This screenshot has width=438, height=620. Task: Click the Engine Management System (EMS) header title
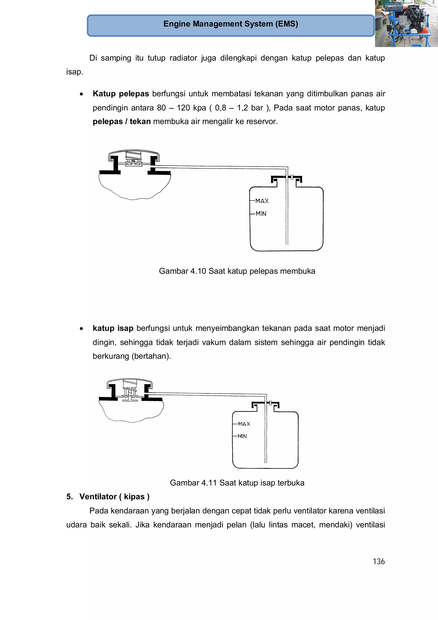coord(231,24)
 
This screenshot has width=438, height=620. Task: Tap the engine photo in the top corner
coord(406,24)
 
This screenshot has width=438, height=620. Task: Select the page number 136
coord(378,561)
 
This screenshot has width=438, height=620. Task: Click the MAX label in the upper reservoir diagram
coord(262,201)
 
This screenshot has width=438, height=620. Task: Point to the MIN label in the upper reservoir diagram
coord(261,214)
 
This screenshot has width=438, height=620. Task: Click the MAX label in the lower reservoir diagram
coord(244,424)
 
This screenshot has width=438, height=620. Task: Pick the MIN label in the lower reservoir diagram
coord(242,436)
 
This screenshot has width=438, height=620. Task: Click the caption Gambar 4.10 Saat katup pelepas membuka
coord(237,271)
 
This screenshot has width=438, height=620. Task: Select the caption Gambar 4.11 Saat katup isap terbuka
coord(237,483)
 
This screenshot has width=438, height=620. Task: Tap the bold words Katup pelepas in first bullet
coord(121,94)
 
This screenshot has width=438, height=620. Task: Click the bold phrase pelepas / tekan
coord(121,122)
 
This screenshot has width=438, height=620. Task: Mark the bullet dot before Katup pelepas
coord(81,94)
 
